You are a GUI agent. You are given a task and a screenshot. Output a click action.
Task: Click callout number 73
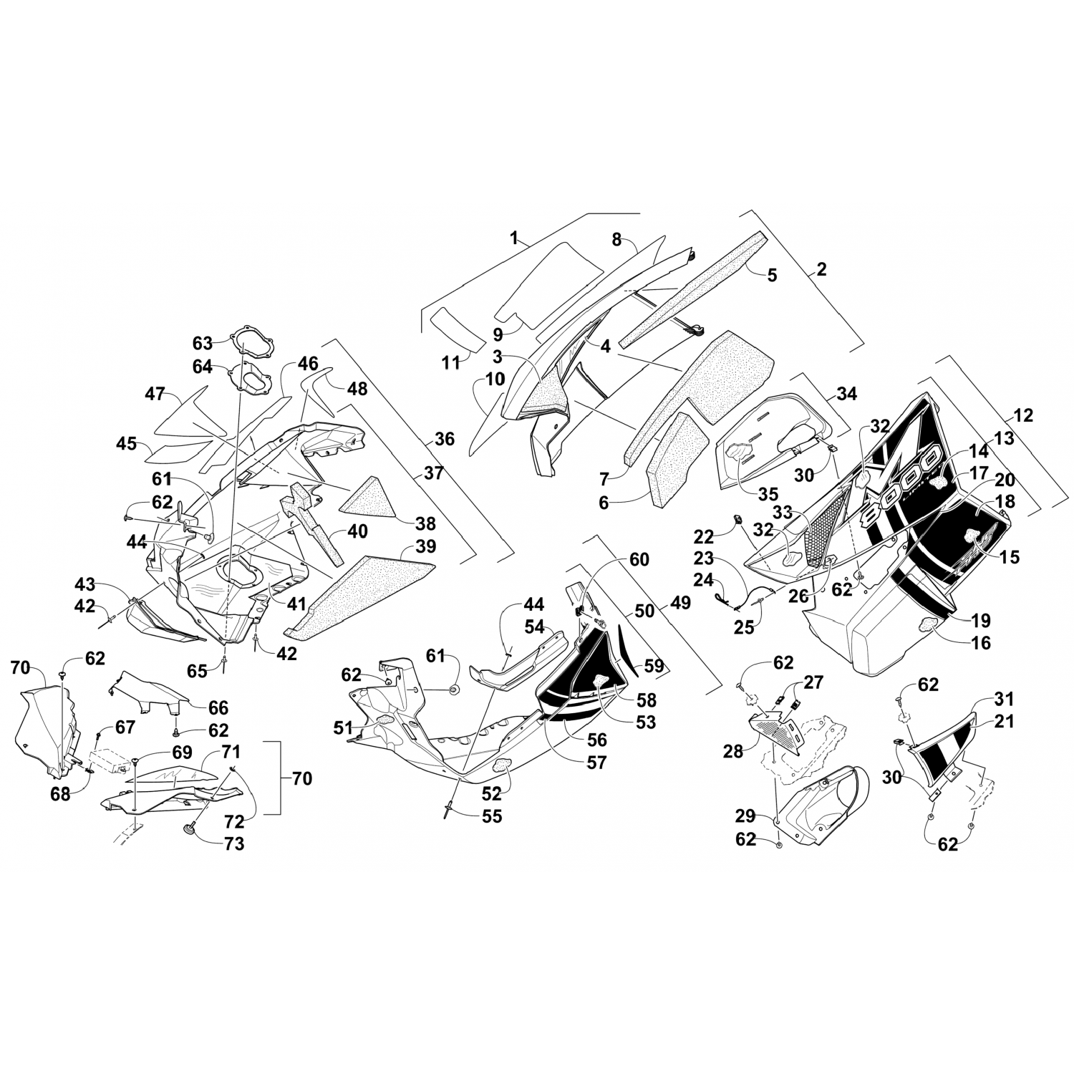coord(233,843)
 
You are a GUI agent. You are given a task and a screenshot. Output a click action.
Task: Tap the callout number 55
coord(491,816)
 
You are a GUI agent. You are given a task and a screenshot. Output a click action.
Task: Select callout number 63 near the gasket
coord(203,341)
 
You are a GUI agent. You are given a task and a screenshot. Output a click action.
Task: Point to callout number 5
coord(771,275)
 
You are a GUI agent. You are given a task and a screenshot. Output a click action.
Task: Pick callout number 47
coord(155,394)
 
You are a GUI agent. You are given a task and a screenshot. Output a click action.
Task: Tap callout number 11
coord(450,363)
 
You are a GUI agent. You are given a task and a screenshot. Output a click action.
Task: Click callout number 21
coord(1003,721)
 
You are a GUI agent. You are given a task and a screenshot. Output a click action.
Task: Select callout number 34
coord(846,393)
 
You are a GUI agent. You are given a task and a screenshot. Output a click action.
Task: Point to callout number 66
coord(218,707)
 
